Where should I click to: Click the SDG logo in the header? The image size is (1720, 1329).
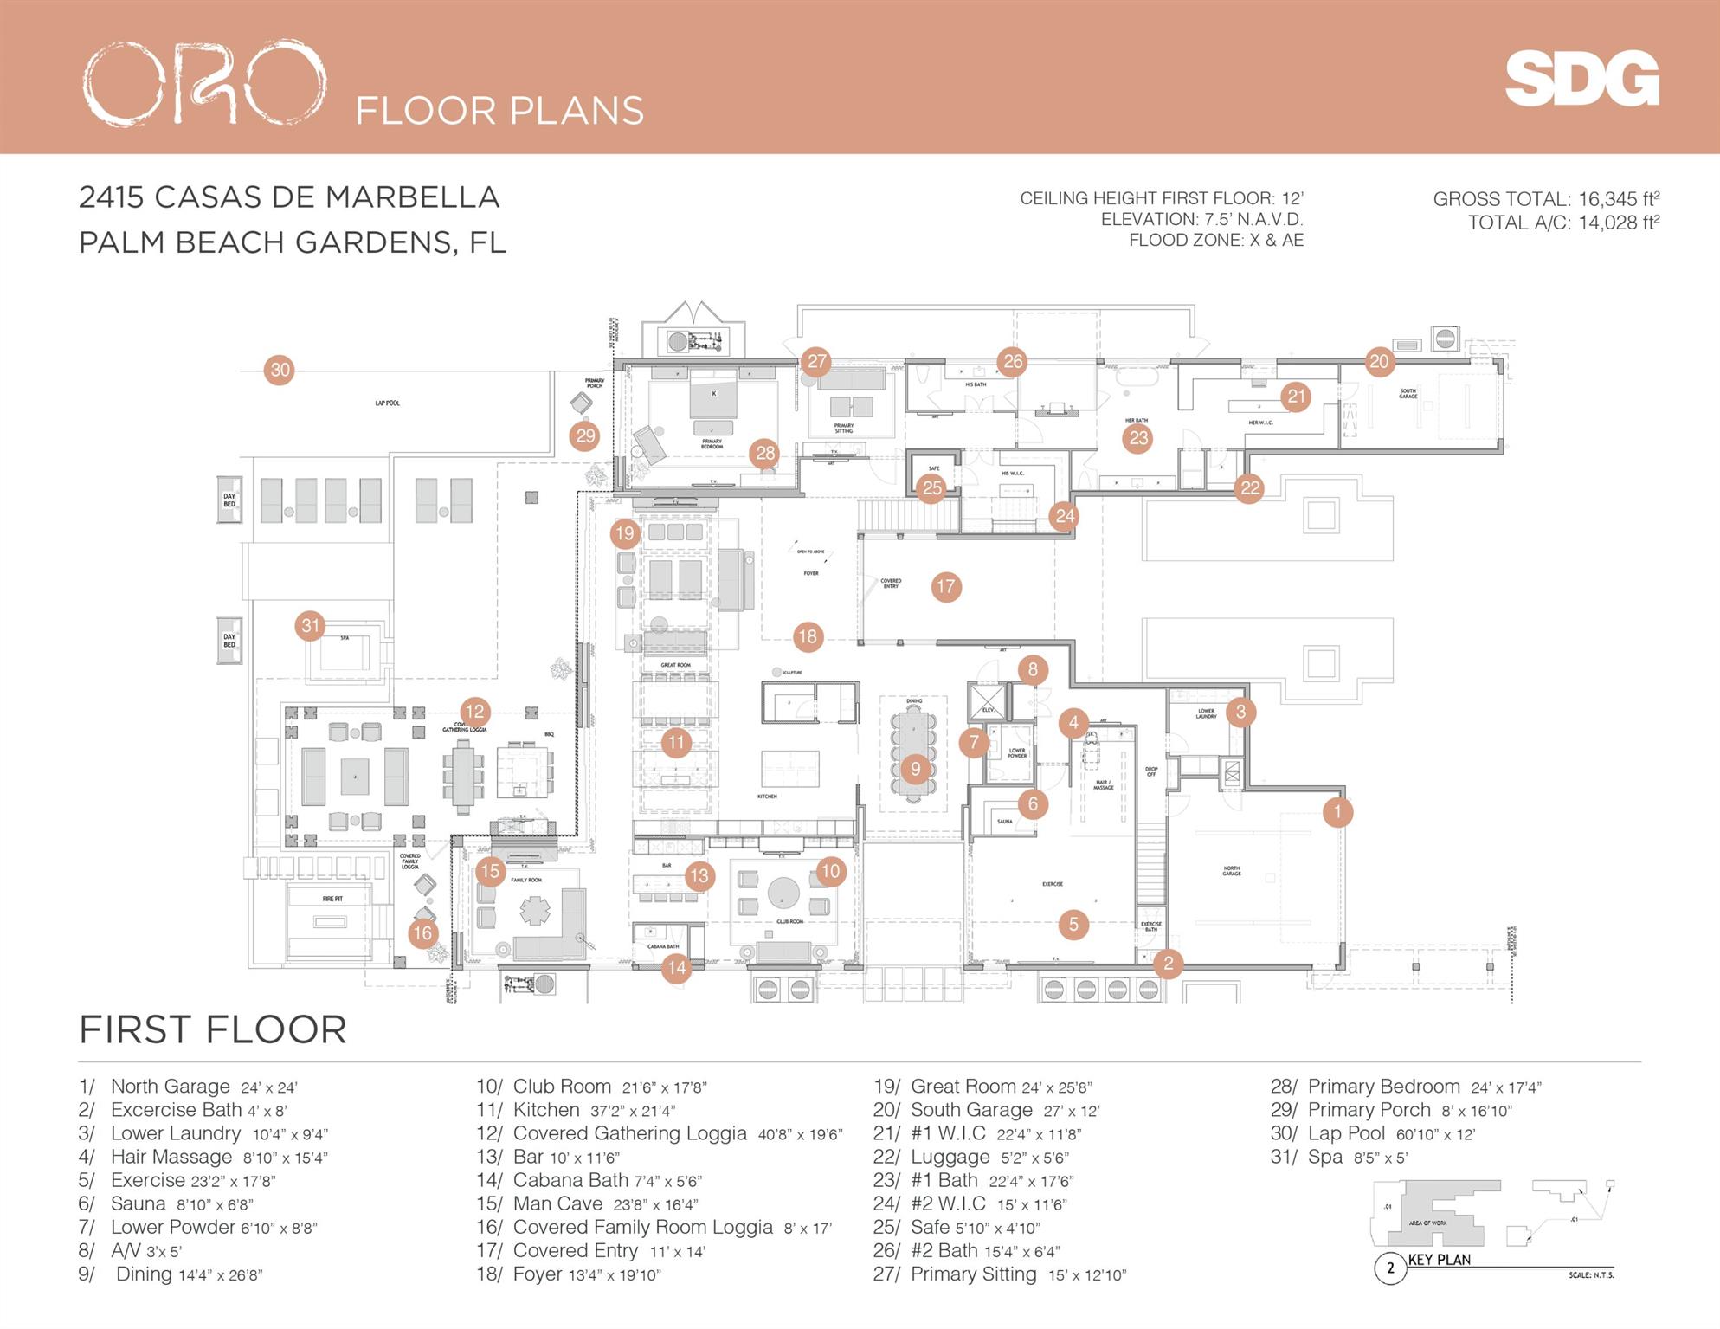point(1581,79)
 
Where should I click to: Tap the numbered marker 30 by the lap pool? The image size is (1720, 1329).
point(280,371)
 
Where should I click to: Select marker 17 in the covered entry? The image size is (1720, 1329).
point(945,587)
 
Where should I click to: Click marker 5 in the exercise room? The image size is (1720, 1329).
point(1073,924)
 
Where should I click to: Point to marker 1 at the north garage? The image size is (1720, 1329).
point(1337,812)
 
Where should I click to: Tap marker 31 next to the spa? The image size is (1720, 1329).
point(310,625)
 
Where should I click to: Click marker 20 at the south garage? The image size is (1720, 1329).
point(1379,362)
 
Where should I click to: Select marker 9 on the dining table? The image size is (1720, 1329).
point(915,768)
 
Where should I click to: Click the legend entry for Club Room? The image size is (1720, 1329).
point(591,1087)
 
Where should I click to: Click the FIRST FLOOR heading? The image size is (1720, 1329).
point(213,1029)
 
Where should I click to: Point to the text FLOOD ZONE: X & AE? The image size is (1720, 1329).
point(1215,241)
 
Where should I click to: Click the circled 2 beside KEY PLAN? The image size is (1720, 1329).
point(1390,1268)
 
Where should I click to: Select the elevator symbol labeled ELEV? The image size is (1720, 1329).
point(988,700)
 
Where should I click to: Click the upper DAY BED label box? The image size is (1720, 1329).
point(229,500)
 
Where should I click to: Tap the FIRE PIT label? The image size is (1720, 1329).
point(332,899)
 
